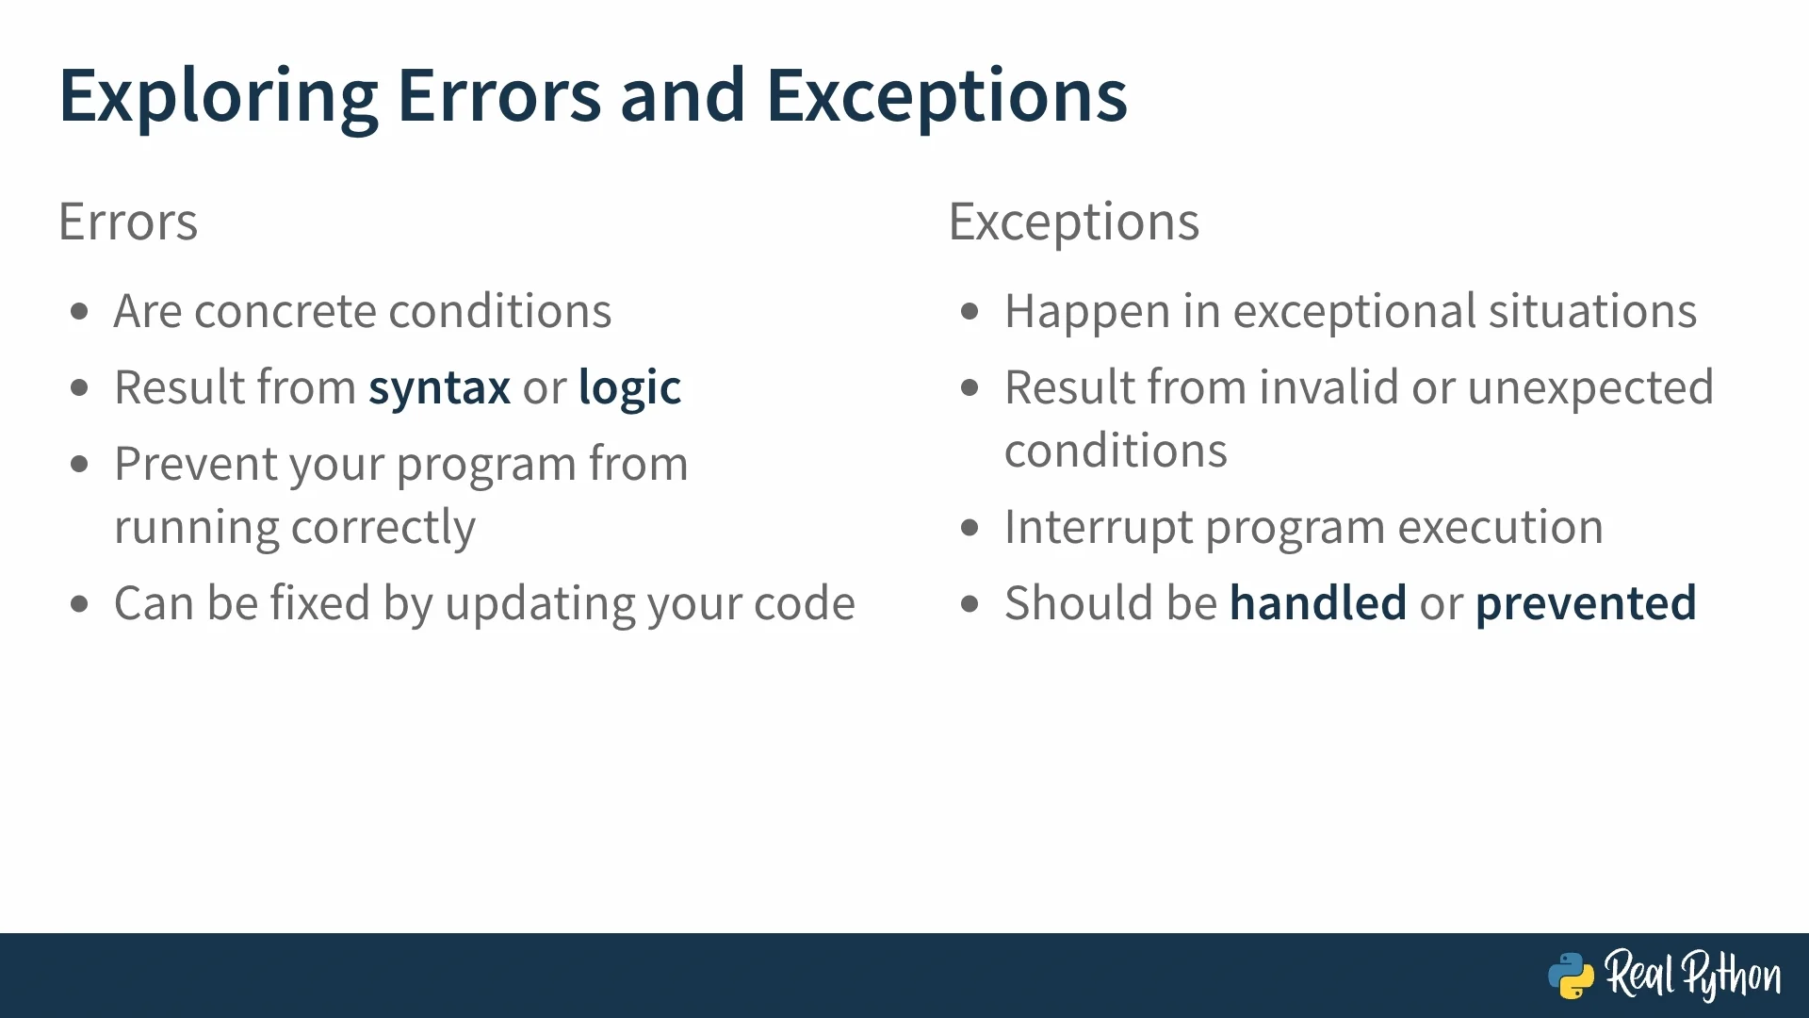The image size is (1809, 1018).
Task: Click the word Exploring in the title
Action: (x=219, y=97)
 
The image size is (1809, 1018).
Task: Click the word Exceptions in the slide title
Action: (x=946, y=97)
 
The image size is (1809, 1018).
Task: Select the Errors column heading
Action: (x=128, y=222)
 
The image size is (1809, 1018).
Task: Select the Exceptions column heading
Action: (x=1074, y=222)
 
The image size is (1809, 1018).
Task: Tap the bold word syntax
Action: (x=439, y=388)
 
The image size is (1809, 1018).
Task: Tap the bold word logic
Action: (x=629, y=388)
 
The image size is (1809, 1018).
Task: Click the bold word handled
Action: (x=1318, y=603)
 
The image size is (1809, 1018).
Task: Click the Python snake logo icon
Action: (x=1571, y=976)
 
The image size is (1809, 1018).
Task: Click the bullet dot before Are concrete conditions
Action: (x=79, y=311)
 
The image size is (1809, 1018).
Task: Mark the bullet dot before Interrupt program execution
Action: (x=970, y=527)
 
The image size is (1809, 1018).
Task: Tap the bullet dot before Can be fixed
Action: (x=79, y=603)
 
